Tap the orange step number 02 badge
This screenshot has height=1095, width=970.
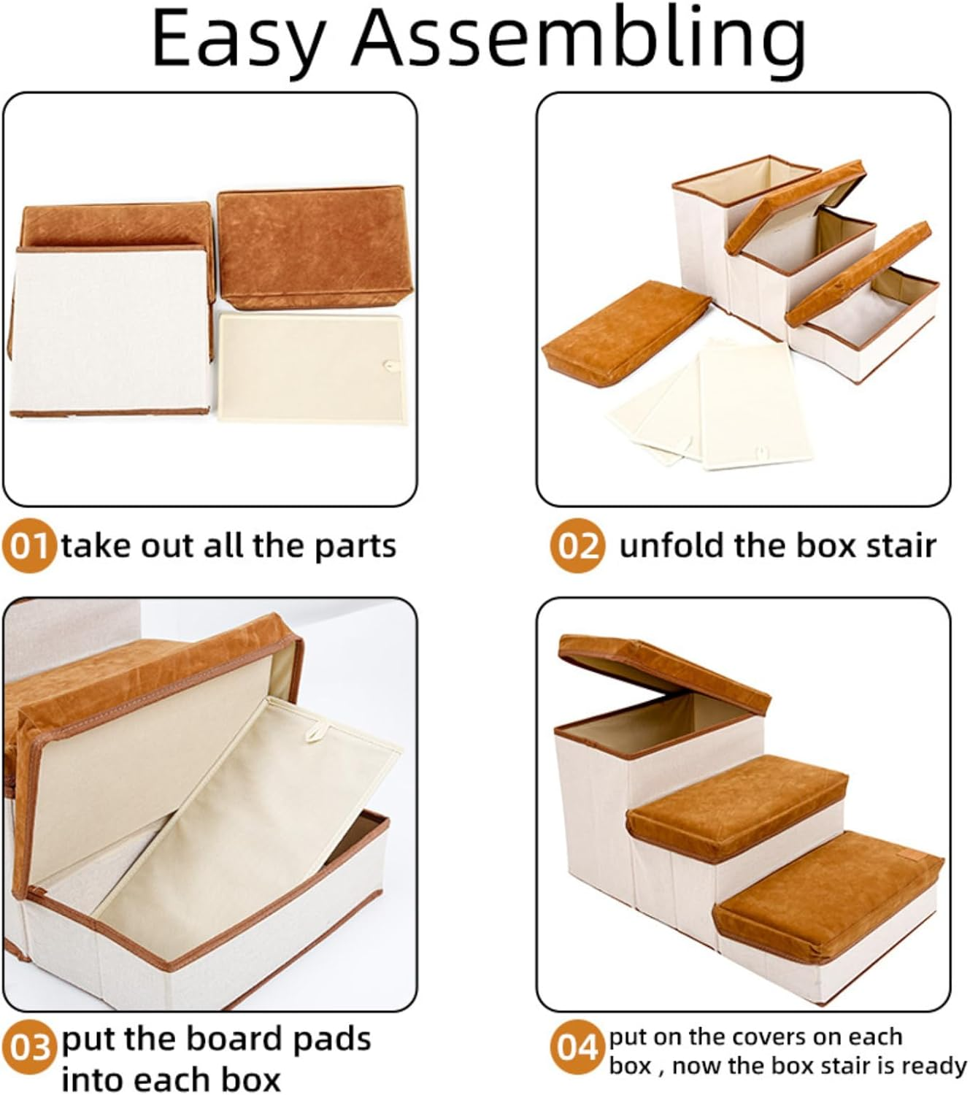tap(577, 546)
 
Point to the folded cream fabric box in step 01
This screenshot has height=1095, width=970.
tap(109, 332)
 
